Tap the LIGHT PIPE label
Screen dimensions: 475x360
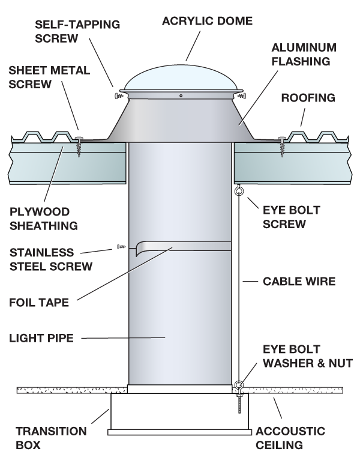41,338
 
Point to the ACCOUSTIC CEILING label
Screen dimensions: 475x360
290,438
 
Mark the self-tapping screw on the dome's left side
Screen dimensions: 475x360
118,95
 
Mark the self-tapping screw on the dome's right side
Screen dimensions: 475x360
242,95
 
